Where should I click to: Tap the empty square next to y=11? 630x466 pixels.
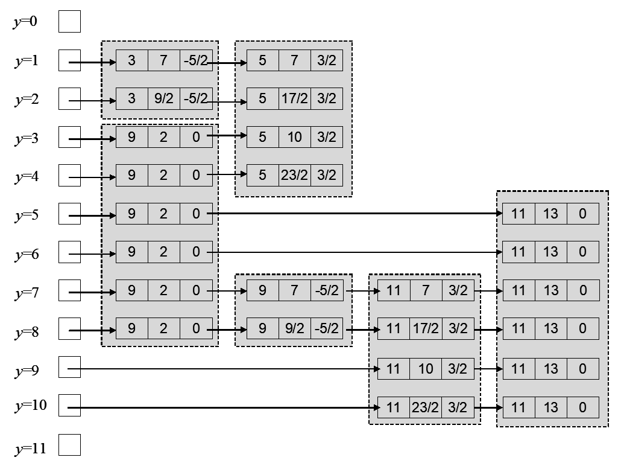69,445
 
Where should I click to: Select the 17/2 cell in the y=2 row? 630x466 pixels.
294,98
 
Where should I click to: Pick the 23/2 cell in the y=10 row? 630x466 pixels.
425,407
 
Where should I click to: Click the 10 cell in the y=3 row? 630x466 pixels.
294,137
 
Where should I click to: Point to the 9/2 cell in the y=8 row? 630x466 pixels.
294,330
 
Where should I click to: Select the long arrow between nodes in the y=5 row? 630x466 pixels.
356,213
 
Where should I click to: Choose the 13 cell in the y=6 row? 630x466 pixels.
550,252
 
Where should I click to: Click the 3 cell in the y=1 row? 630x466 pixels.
131,61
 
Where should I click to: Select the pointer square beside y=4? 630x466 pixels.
69,176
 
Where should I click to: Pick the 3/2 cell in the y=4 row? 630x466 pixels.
327,176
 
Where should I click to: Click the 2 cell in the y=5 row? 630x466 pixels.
164,214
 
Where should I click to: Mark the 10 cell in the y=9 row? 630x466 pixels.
425,368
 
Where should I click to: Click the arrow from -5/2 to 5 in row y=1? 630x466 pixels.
230,62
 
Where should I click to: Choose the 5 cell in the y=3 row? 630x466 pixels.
262,137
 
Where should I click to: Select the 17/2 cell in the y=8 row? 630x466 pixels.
425,330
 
